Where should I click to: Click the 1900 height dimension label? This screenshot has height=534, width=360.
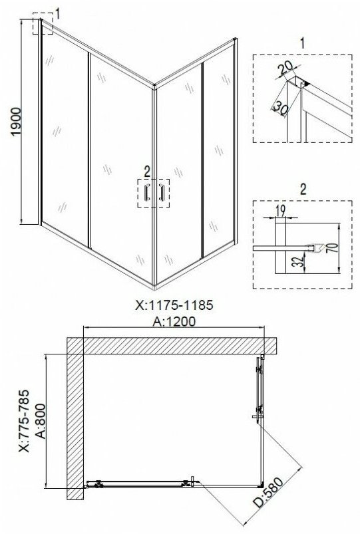coord(16,122)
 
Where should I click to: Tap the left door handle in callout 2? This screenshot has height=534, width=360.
coord(147,193)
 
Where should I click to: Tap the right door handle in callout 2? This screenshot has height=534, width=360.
coord(162,193)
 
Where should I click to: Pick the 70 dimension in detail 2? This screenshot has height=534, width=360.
coord(334,247)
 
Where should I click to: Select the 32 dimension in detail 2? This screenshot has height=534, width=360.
coord(298,262)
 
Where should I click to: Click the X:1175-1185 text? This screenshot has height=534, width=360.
coord(174,305)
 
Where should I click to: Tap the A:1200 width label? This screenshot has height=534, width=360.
coord(174,321)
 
